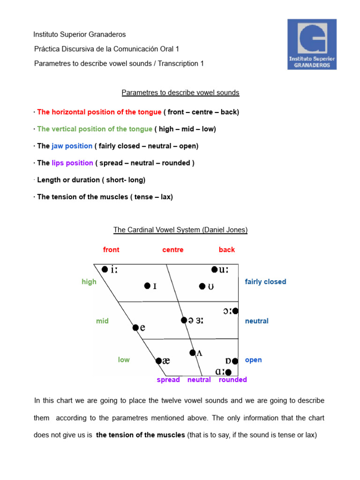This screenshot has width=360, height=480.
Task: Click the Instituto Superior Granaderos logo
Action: click(x=312, y=44)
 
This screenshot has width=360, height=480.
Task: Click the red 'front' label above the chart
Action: click(x=111, y=250)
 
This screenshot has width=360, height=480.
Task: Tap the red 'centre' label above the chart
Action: click(x=173, y=250)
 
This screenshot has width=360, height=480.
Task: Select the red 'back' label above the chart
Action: click(x=227, y=250)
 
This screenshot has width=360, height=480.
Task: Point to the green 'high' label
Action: click(x=89, y=282)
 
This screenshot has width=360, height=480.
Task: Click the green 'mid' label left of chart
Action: click(x=102, y=321)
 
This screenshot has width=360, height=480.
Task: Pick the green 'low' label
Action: click(x=124, y=360)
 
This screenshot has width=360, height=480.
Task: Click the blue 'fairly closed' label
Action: click(x=265, y=282)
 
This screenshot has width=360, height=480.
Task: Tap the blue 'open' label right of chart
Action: click(x=254, y=360)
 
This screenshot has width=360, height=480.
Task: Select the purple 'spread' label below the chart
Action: click(x=168, y=380)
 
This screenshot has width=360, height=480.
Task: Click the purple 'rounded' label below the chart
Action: click(x=233, y=380)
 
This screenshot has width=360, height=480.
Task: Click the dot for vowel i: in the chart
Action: click(x=105, y=269)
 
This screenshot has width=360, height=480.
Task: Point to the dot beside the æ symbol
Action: click(x=158, y=360)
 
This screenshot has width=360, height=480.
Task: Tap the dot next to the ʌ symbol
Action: click(x=192, y=352)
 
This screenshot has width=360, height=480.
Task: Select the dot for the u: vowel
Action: click(x=214, y=269)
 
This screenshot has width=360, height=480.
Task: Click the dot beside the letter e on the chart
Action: click(x=135, y=328)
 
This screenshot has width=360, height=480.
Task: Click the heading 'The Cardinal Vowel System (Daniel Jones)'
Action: click(x=180, y=230)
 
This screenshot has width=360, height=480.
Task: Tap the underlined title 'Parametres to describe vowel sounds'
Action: click(x=180, y=93)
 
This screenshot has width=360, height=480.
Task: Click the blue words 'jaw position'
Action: click(x=72, y=146)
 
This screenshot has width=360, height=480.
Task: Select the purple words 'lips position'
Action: click(x=73, y=163)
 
